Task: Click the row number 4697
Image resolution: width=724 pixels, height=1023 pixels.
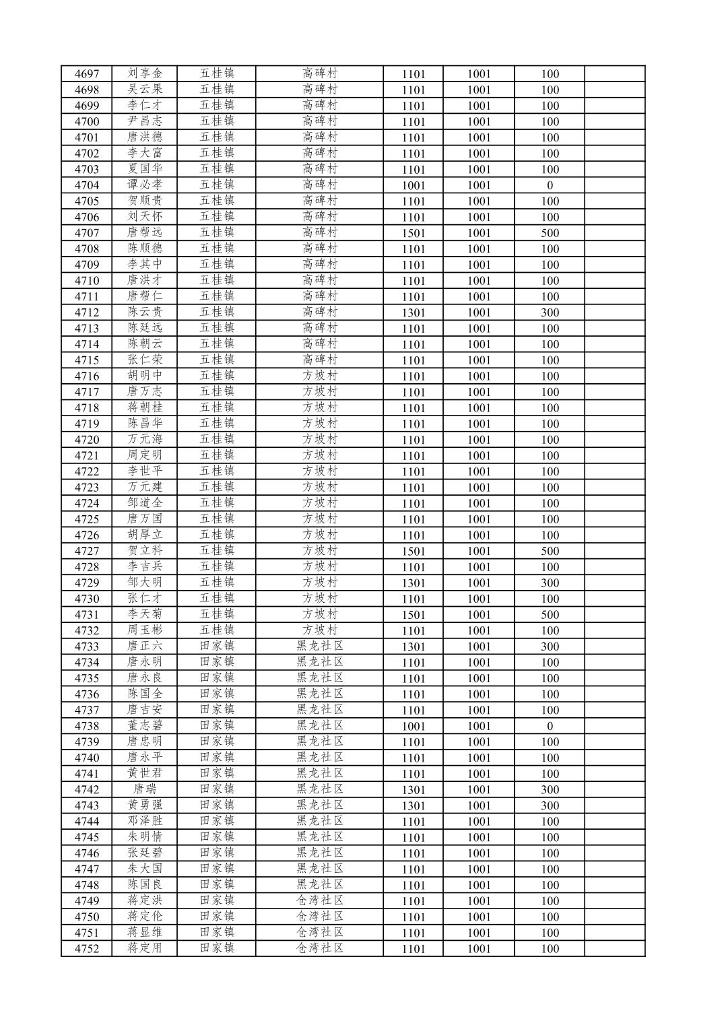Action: (86, 74)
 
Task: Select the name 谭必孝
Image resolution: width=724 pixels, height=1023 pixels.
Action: (145, 185)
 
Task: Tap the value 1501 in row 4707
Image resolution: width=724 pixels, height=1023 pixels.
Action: (414, 233)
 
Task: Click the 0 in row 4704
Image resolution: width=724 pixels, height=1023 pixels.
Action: (550, 185)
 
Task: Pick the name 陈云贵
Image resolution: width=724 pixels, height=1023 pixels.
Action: (145, 312)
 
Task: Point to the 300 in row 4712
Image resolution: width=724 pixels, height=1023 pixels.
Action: (550, 312)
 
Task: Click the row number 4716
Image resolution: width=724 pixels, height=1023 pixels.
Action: (86, 376)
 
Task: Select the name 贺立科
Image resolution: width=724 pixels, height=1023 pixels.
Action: (145, 551)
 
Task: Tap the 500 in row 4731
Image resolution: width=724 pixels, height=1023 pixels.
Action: (550, 615)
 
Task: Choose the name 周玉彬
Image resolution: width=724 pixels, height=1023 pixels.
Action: (145, 630)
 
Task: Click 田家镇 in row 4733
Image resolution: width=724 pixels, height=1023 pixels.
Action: (217, 647)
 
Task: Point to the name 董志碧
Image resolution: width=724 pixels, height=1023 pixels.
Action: (145, 726)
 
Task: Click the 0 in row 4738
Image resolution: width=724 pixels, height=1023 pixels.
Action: (550, 726)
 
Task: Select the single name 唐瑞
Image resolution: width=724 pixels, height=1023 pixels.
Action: (145, 789)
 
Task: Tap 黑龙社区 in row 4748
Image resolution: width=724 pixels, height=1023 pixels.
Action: (320, 885)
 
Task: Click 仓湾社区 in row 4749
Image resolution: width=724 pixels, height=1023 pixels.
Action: (320, 900)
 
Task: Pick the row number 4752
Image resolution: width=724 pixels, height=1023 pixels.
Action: (86, 948)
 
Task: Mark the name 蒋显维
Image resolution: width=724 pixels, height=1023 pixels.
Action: (145, 933)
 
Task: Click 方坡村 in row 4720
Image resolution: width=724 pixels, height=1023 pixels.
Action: (320, 440)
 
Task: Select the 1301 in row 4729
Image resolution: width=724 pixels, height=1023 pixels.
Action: (414, 583)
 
